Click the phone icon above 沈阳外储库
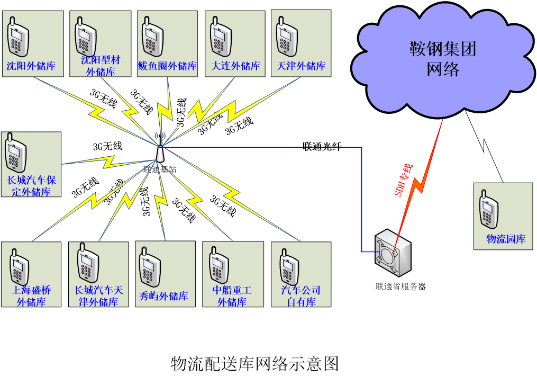[x=17, y=38]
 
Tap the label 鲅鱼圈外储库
[x=168, y=66]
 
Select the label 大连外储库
[x=235, y=66]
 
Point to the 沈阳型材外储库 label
[x=101, y=66]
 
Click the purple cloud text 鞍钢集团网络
[x=443, y=59]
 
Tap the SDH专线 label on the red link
[x=404, y=180]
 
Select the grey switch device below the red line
[x=393, y=253]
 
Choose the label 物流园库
[x=506, y=239]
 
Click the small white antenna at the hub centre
[x=159, y=154]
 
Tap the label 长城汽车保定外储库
[x=31, y=186]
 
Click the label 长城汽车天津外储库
[x=98, y=296]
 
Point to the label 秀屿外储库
[x=163, y=296]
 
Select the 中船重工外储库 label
[x=232, y=296]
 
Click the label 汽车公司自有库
[x=301, y=296]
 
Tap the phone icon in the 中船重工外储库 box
[x=218, y=265]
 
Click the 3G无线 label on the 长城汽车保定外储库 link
[x=107, y=146]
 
